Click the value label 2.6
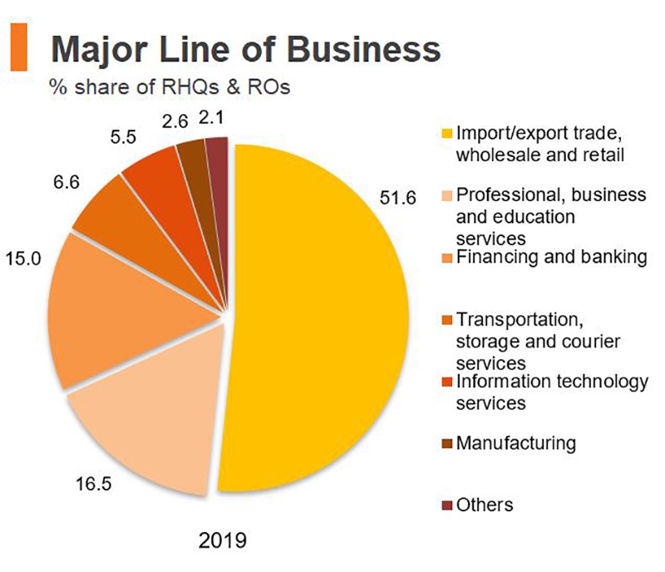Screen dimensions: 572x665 pos(175,122)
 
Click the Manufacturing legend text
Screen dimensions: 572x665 pos(515,442)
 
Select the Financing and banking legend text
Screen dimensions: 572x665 pos(551,258)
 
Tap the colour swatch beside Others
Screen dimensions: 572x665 pos(446,505)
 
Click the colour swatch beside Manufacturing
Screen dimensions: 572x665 pos(446,443)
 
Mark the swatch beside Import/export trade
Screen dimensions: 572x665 pos(446,134)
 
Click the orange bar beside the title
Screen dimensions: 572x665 pos(18,47)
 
